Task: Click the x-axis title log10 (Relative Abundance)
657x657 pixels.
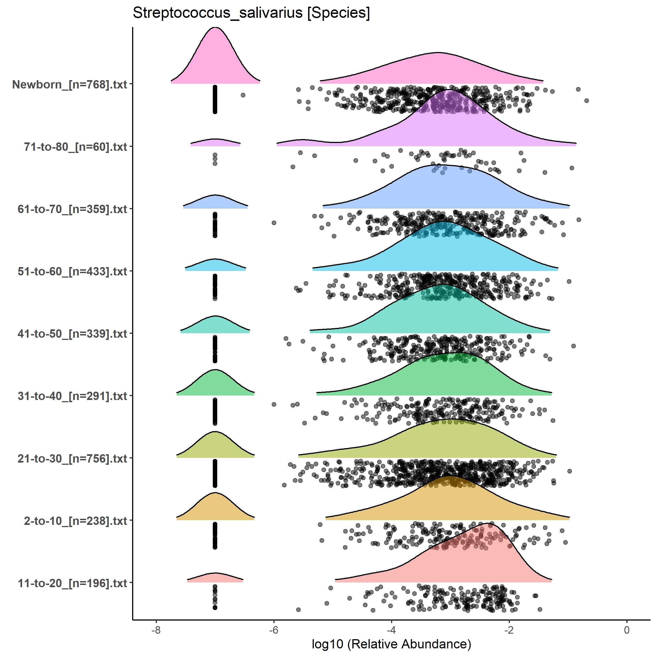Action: tap(391, 644)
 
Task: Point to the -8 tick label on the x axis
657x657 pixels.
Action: tap(156, 630)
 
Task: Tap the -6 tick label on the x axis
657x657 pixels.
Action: tap(273, 630)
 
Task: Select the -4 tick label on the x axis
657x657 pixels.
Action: tap(391, 630)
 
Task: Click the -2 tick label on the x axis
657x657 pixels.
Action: tap(509, 630)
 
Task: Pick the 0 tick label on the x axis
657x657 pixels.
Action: tap(627, 630)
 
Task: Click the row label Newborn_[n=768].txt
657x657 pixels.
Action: tap(70, 84)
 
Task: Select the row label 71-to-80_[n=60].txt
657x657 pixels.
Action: tap(75, 147)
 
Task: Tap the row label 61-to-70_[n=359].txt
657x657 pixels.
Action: tap(72, 209)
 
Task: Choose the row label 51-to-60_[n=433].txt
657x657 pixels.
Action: tap(72, 271)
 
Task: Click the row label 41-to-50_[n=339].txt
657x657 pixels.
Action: tap(72, 334)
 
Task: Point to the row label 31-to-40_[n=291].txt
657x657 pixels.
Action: tap(72, 396)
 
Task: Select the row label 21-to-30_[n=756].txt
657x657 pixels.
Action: tap(72, 458)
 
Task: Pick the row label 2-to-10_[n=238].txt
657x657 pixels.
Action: tap(75, 521)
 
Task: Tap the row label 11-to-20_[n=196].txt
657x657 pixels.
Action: tap(72, 583)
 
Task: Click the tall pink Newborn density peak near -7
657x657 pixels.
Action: tap(215, 58)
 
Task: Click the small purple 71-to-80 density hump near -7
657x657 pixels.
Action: tap(215, 142)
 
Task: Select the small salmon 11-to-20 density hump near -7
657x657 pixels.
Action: tap(215, 578)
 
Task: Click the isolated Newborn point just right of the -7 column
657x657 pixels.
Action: tap(243, 95)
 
